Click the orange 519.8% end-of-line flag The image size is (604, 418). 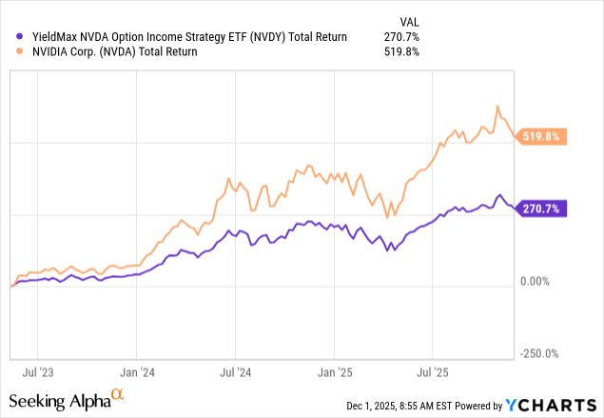coord(544,137)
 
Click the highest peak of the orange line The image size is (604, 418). coord(498,106)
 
